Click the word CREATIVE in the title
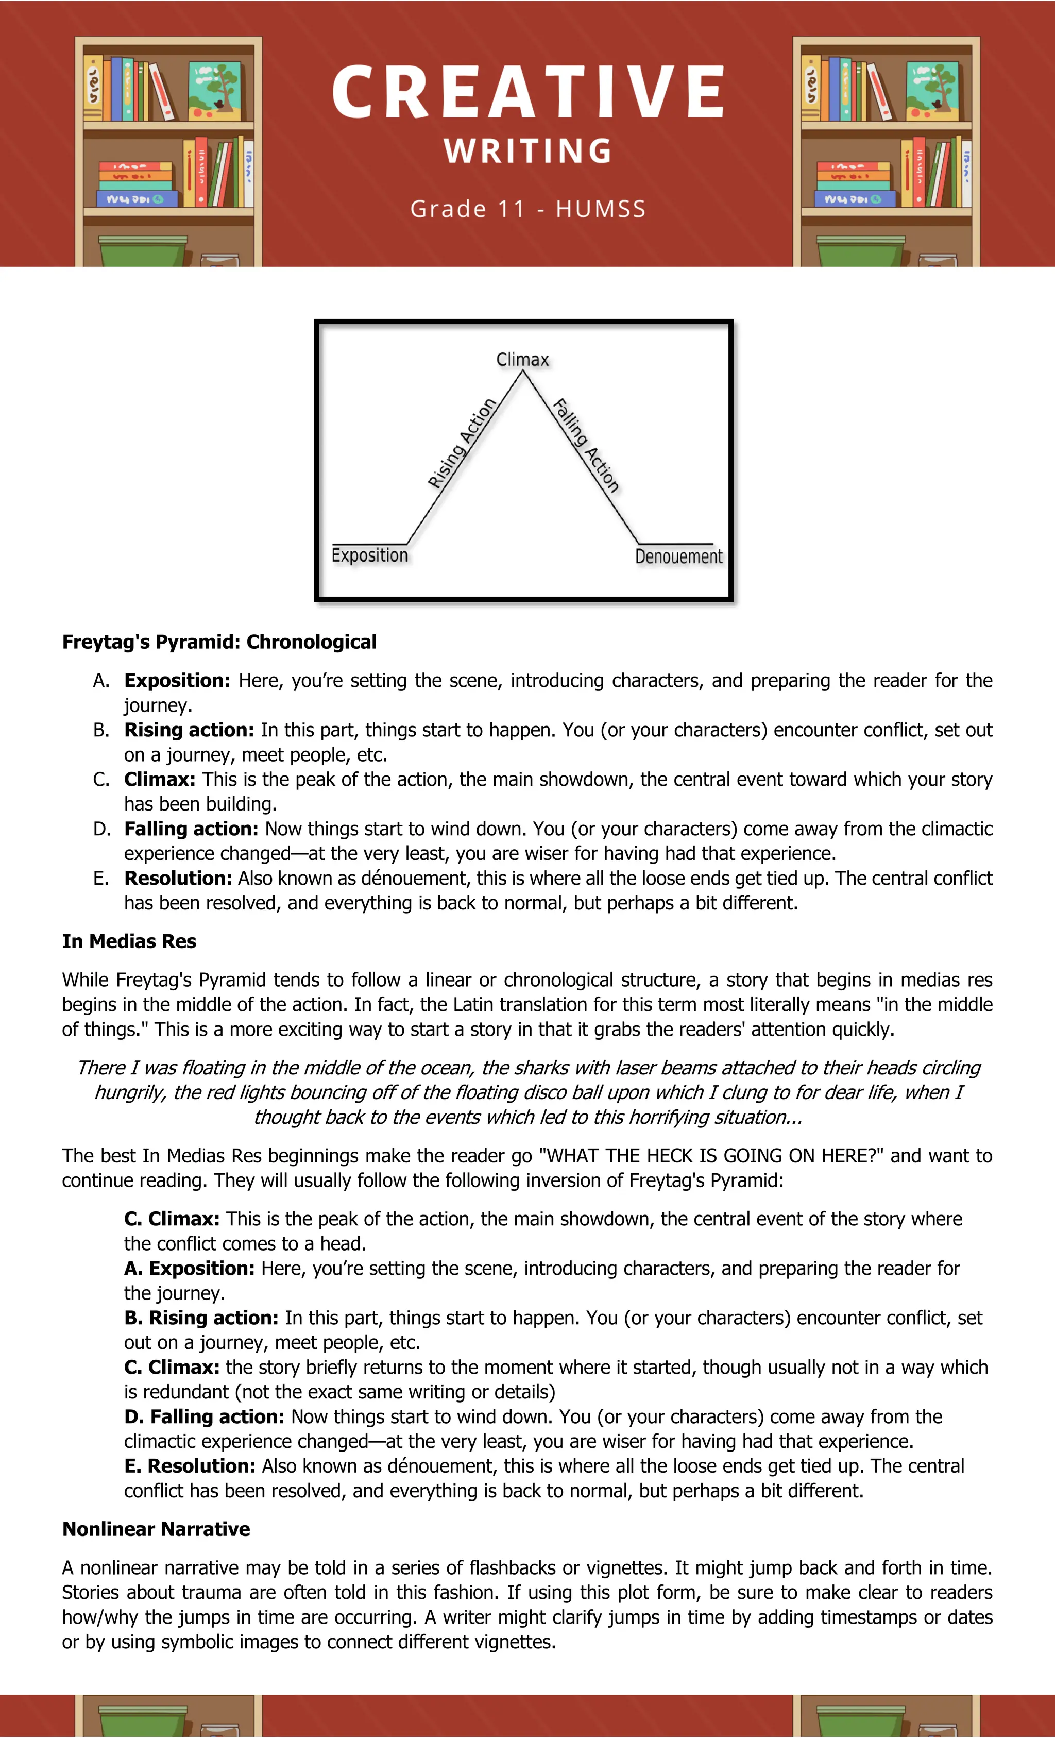coord(527,92)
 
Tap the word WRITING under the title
coord(527,151)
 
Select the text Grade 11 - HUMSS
coord(527,209)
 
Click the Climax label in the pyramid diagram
coord(522,360)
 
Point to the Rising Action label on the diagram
coord(462,443)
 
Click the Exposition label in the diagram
coord(369,555)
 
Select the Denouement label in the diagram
coord(678,556)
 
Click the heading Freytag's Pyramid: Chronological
coord(219,642)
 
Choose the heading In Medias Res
coord(129,941)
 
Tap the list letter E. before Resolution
coord(101,878)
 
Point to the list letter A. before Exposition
coord(101,681)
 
